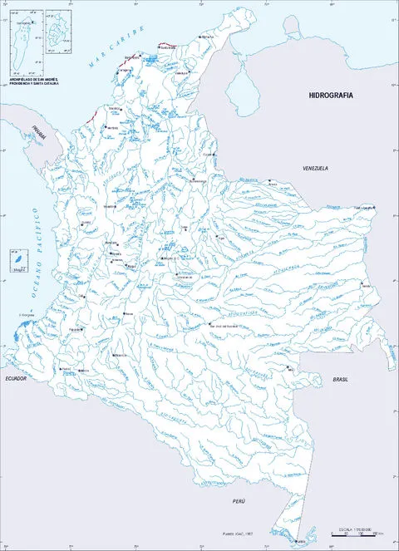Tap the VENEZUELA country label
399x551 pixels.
tap(315, 168)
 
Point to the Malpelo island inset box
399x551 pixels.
tap(16, 261)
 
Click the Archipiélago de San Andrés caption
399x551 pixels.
tap(33, 82)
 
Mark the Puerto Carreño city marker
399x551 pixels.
tap(375, 208)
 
